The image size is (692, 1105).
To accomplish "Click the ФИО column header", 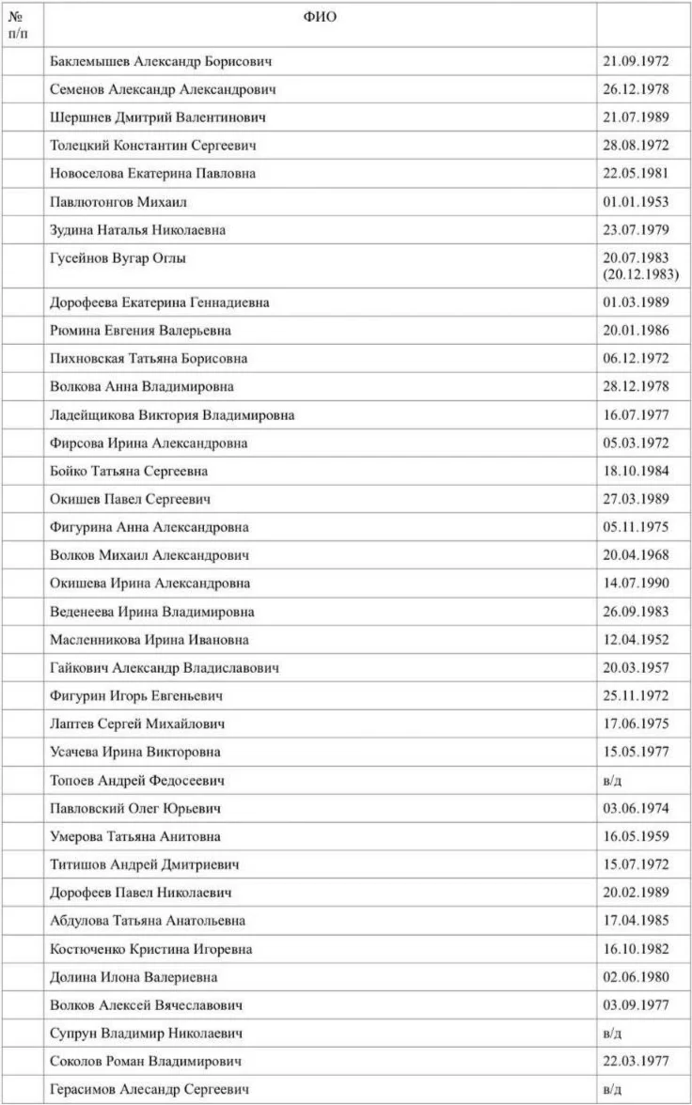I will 320,17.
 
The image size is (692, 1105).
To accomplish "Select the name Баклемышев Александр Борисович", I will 161,61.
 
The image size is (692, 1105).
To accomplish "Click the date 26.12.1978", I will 635,89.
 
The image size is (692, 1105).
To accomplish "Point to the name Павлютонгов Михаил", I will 120,202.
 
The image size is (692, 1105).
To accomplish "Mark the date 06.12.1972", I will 635,359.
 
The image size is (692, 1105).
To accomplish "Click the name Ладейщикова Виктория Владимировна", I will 172,415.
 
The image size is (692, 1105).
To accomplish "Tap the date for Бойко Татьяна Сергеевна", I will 635,472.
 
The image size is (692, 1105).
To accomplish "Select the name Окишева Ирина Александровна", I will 150,584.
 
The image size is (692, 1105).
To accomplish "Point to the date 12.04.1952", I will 635,640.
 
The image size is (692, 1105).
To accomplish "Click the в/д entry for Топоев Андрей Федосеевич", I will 613,781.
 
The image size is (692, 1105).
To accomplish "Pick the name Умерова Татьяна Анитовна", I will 135,836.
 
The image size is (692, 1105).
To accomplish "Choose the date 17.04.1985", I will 635,921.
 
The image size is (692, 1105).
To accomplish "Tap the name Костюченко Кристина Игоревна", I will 150,949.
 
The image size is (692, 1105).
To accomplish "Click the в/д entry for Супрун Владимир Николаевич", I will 613,1034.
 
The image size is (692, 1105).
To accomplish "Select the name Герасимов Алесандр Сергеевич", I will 149,1089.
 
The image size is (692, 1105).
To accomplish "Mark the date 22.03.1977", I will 635,1061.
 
